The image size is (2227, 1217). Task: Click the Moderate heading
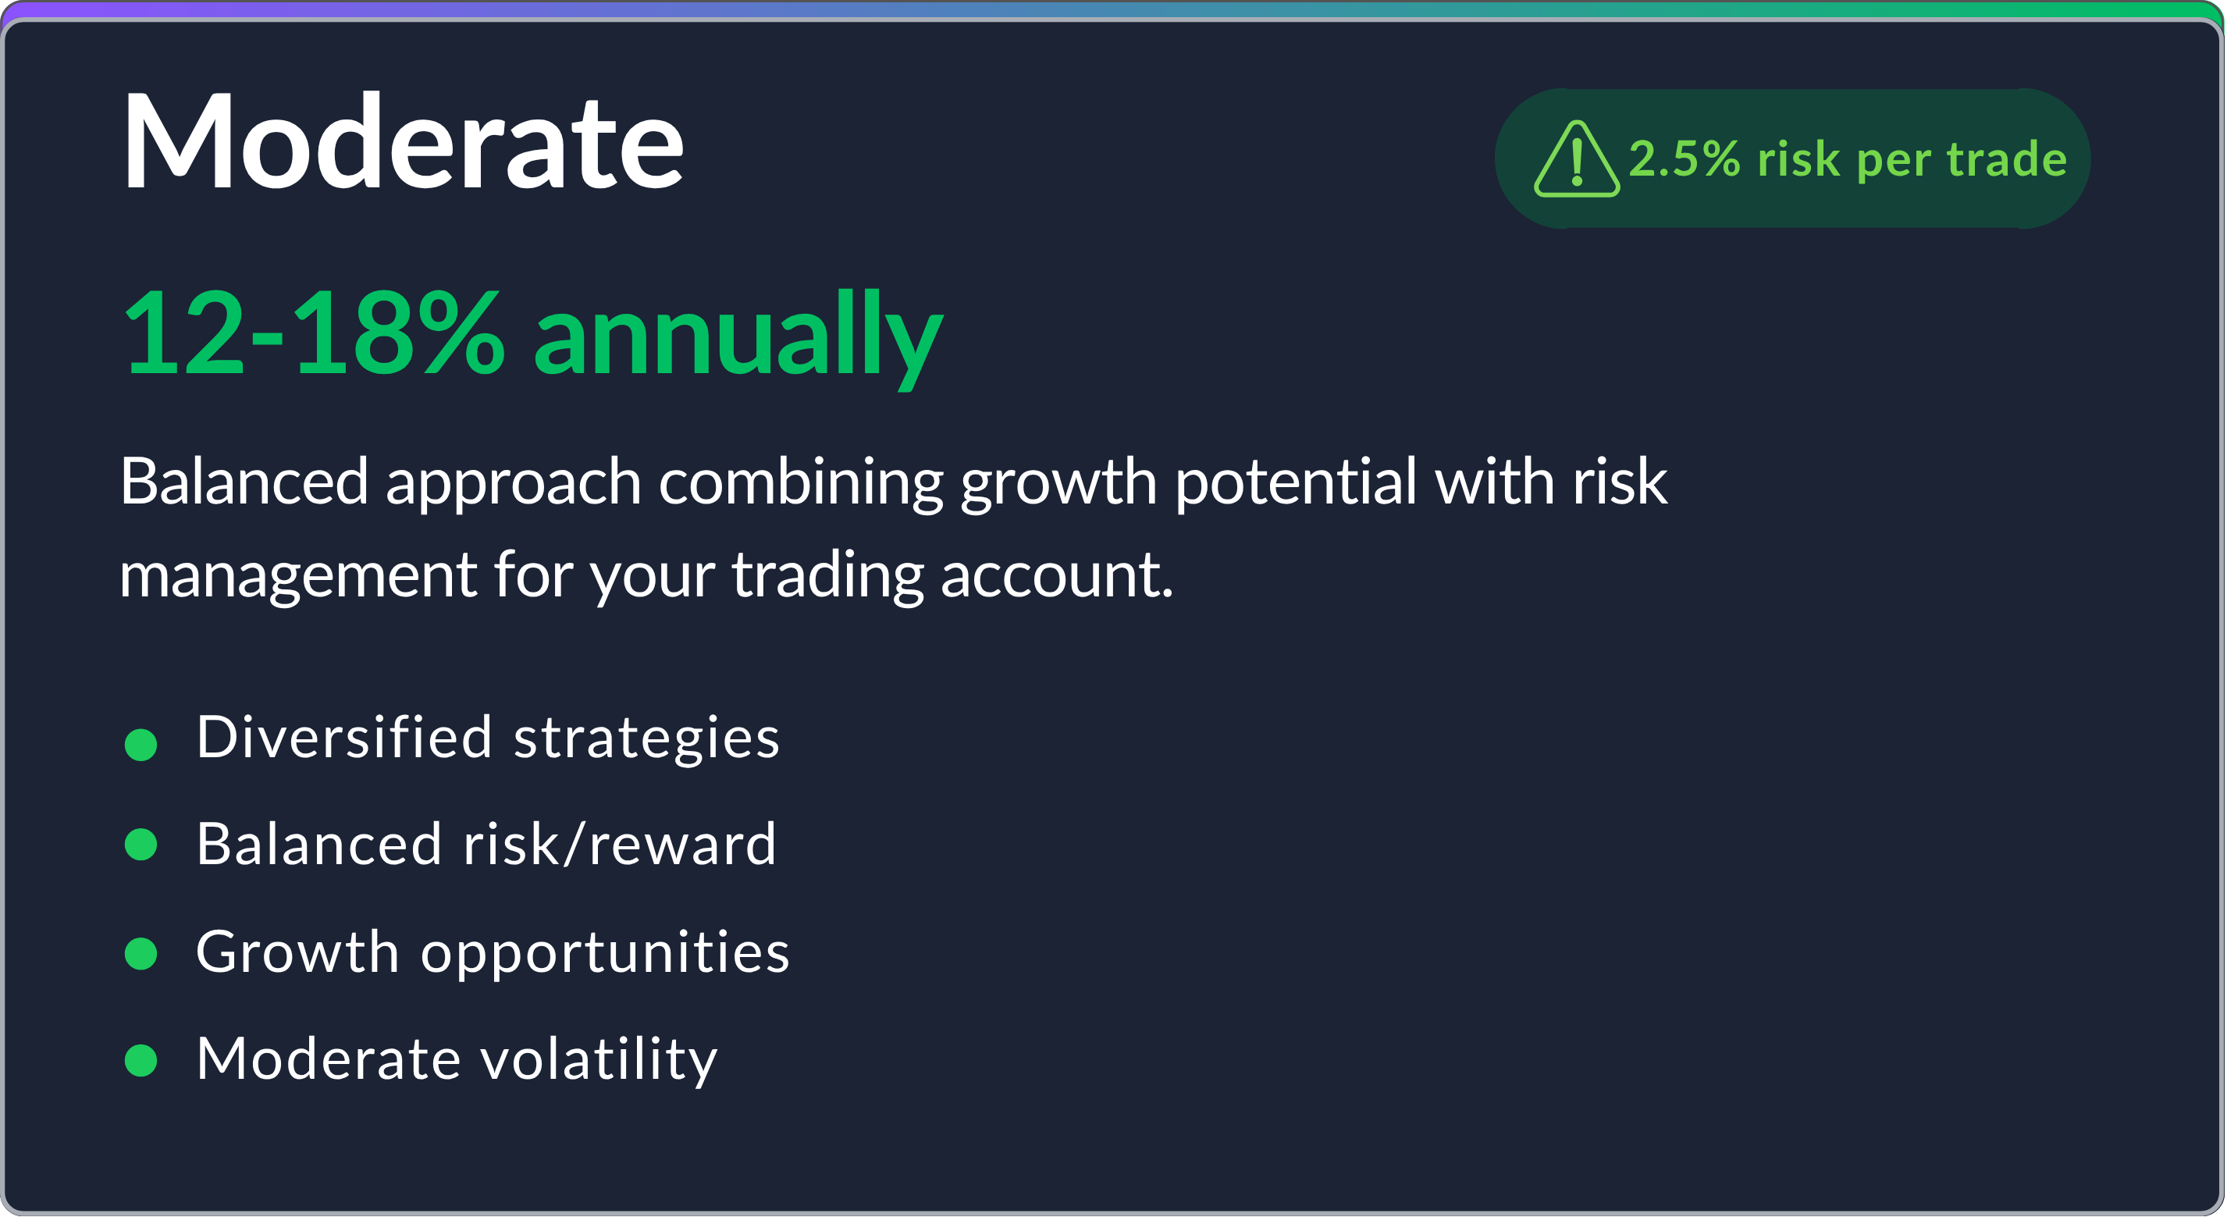(x=403, y=141)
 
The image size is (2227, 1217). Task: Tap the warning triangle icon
(x=1576, y=161)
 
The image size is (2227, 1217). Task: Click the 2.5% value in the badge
(x=1684, y=159)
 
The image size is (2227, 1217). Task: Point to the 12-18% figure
(x=313, y=333)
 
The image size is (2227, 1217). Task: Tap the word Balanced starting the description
(x=244, y=482)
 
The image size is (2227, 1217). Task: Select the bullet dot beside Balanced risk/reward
(x=141, y=845)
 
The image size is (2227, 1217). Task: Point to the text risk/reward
(x=619, y=845)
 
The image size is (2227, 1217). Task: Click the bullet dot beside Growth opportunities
(x=141, y=953)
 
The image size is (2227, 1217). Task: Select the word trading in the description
(x=827, y=575)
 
